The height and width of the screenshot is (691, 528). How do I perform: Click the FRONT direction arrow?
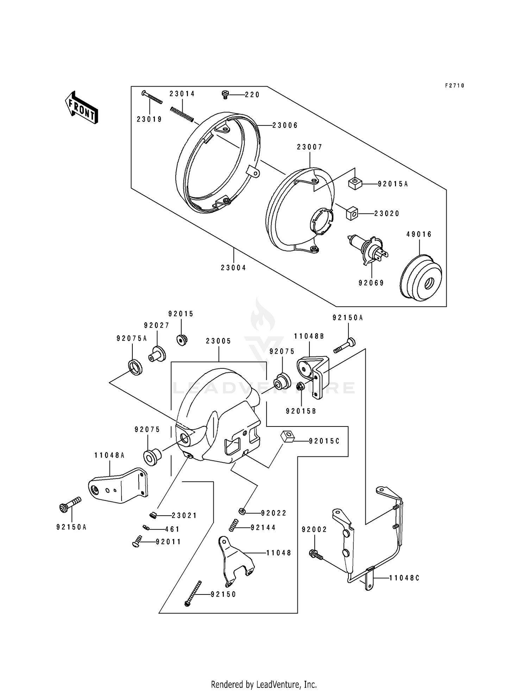click(x=81, y=107)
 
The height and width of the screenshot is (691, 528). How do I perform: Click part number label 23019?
click(x=149, y=119)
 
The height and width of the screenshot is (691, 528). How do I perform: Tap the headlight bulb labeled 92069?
click(x=367, y=251)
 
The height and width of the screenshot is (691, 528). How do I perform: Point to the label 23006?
click(x=285, y=125)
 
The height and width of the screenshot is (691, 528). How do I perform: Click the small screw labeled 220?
click(x=225, y=94)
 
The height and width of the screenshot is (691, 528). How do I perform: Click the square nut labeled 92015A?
click(x=355, y=183)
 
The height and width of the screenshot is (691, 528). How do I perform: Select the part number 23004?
click(x=233, y=268)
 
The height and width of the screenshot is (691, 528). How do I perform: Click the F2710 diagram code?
click(x=455, y=86)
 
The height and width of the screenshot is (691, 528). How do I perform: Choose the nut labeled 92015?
click(x=182, y=340)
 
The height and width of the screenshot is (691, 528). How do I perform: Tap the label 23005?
click(x=219, y=341)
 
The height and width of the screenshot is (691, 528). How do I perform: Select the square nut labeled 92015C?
click(x=288, y=437)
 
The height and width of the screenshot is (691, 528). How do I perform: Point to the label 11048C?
click(x=404, y=578)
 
